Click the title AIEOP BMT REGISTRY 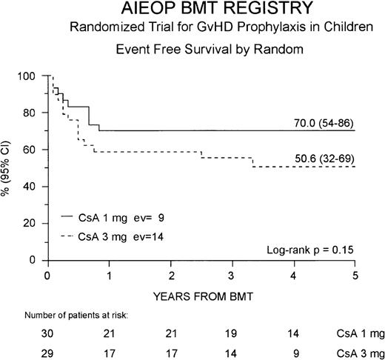[x=192, y=10]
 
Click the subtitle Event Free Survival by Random [x=192, y=50]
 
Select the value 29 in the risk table [x=49, y=353]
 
